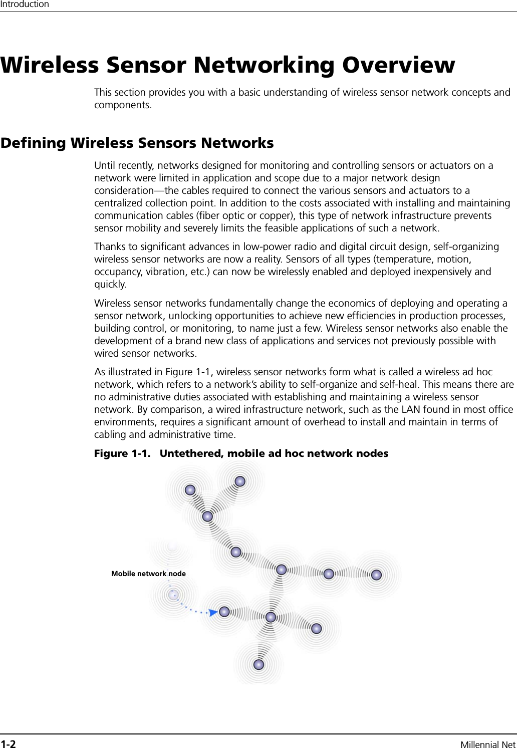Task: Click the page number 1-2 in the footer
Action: (x=8, y=743)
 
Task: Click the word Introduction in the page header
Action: (x=25, y=5)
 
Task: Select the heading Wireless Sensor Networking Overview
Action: (x=228, y=65)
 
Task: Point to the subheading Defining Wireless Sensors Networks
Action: (x=137, y=143)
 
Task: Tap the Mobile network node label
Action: (x=148, y=574)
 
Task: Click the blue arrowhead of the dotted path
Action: (x=213, y=612)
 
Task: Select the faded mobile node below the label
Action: (x=173, y=595)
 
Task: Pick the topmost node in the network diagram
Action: (x=240, y=481)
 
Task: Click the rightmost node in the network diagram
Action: (x=376, y=575)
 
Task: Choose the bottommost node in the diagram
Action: (x=258, y=665)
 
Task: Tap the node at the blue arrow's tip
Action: (x=224, y=612)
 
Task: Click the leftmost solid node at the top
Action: (x=190, y=490)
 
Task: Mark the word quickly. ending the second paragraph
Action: (x=110, y=285)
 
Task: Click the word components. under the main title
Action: (x=123, y=105)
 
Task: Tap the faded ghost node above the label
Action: (x=172, y=546)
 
